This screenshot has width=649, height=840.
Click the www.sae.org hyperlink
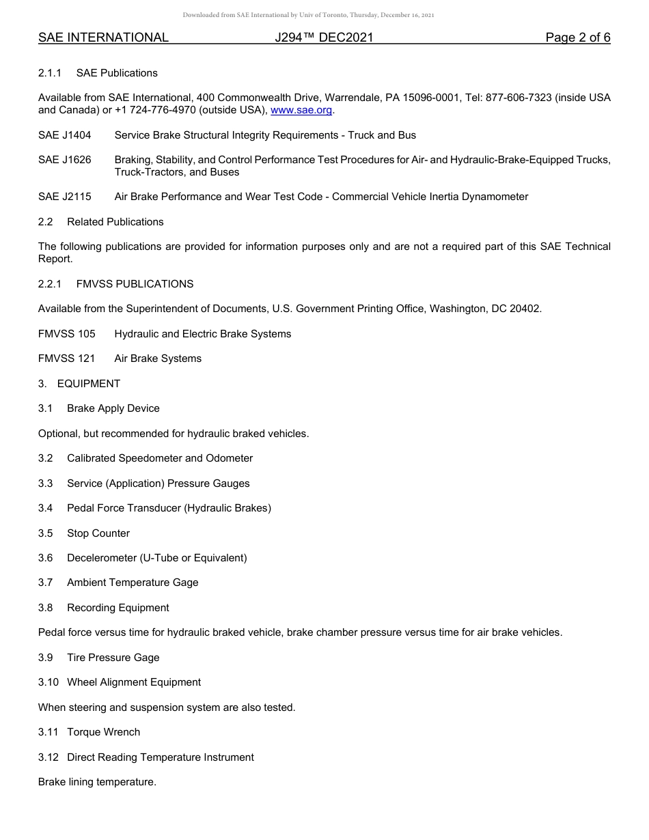coord(301,110)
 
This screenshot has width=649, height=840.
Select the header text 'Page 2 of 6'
coord(577,38)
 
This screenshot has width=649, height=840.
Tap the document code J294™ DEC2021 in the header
coord(324,38)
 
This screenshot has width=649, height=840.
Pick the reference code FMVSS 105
coord(67,334)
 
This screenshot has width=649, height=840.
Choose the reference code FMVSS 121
coord(67,359)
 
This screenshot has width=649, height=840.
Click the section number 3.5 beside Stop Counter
coord(45,533)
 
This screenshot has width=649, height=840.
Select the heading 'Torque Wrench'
coord(103,732)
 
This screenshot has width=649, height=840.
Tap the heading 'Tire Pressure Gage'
coord(113,658)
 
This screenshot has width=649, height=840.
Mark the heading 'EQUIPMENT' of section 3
coord(88,384)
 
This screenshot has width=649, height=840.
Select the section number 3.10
coord(48,682)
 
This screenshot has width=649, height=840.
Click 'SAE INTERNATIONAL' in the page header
coord(103,38)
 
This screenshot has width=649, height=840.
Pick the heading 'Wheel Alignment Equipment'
coord(134,682)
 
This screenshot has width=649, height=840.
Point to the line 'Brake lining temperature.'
coord(97,782)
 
